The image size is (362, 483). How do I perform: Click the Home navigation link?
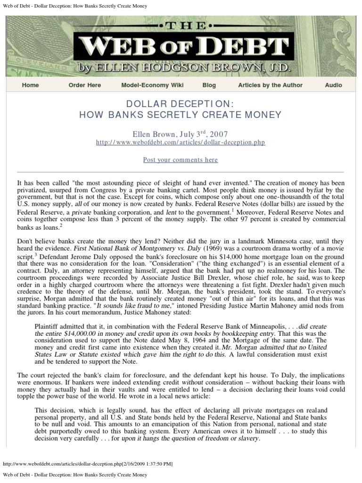(x=30, y=85)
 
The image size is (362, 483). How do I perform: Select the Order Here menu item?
(x=85, y=85)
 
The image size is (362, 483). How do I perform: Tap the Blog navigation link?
(x=209, y=85)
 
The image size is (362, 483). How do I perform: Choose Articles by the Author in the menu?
(x=270, y=85)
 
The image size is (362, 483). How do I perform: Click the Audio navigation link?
(x=333, y=85)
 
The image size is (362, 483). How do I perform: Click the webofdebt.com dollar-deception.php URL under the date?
(x=181, y=142)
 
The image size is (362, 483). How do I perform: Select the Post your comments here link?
(x=181, y=160)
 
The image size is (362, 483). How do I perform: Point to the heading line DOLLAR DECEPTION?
(x=181, y=103)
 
